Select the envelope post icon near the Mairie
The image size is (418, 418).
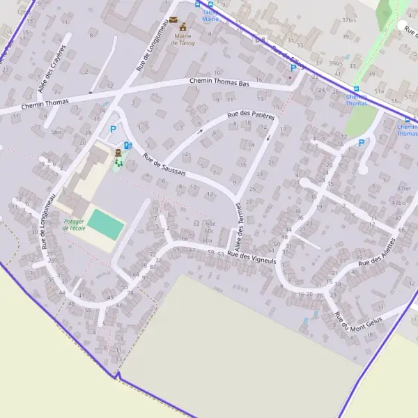point(173,20)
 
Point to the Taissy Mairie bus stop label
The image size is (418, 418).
point(210,15)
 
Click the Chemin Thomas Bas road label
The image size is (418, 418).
point(219,82)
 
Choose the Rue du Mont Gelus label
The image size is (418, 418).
point(356,323)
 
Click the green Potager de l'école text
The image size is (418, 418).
point(74,224)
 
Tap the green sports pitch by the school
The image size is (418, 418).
point(107,224)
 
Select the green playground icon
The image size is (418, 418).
point(118,163)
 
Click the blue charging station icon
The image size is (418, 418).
point(127,146)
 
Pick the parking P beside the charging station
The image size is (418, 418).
point(113,129)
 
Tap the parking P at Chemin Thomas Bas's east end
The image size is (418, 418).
point(293,68)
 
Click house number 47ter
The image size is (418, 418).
point(403,188)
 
